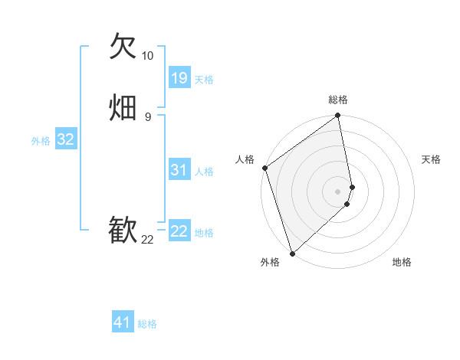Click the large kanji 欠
[x=123, y=47]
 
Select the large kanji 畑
[x=123, y=107]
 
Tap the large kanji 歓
[x=123, y=231]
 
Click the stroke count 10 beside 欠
[x=147, y=56]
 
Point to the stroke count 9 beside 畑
[x=147, y=116]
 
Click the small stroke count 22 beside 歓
[x=147, y=240]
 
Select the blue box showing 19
[x=179, y=77]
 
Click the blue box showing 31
[x=179, y=170]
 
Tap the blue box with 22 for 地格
[x=179, y=231]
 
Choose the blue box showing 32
[x=65, y=139]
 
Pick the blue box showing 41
[x=123, y=322]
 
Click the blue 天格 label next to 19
[x=204, y=80]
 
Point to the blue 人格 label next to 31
[x=204, y=172]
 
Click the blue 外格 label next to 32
[x=41, y=141]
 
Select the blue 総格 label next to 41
[x=147, y=324]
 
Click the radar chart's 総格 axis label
[x=338, y=100]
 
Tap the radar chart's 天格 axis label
[x=432, y=159]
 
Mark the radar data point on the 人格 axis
[x=264, y=168]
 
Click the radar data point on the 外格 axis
[x=292, y=253]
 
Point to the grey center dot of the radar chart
[x=338, y=191]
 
